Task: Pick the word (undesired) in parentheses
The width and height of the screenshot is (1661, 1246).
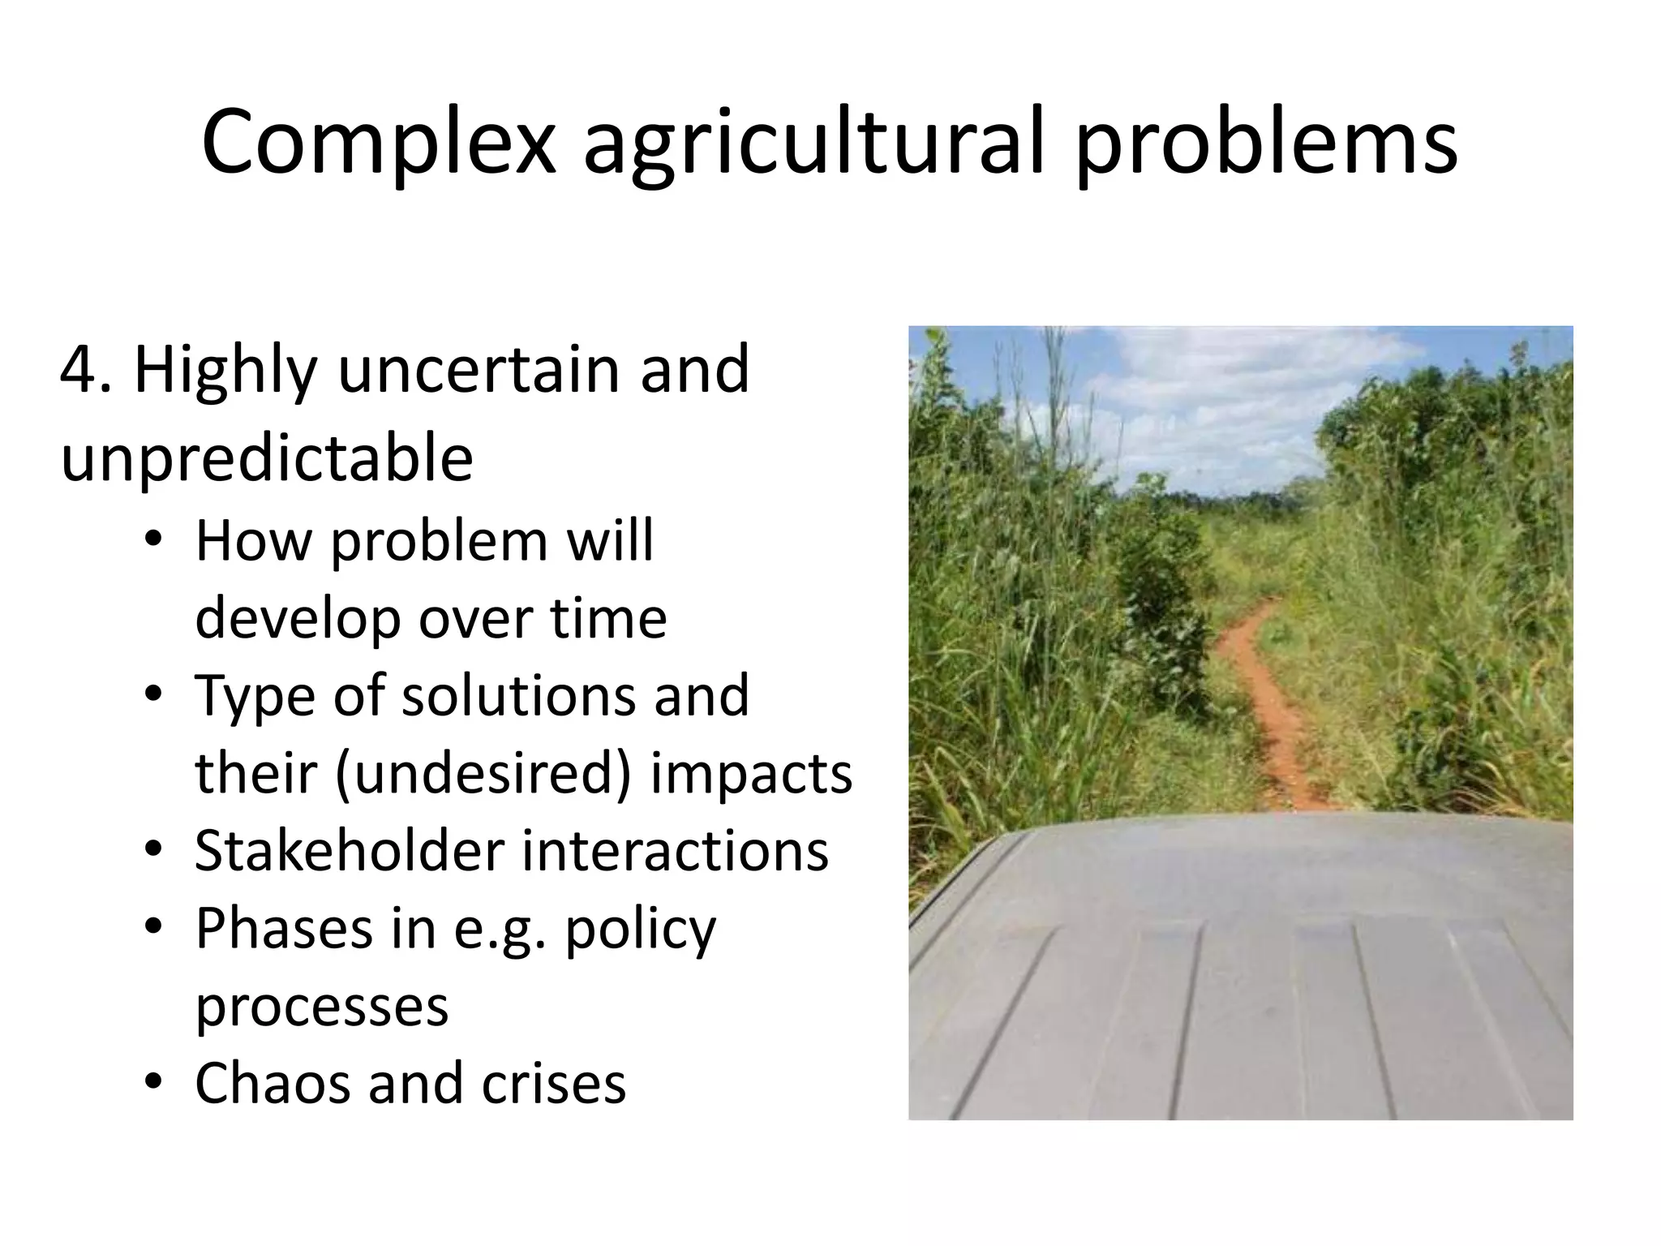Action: pyautogui.click(x=483, y=773)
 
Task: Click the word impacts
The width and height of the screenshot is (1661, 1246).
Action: pyautogui.click(x=751, y=773)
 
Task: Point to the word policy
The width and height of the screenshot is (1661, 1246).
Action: pyautogui.click(x=641, y=928)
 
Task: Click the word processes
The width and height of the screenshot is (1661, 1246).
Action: pyautogui.click(x=322, y=1006)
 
